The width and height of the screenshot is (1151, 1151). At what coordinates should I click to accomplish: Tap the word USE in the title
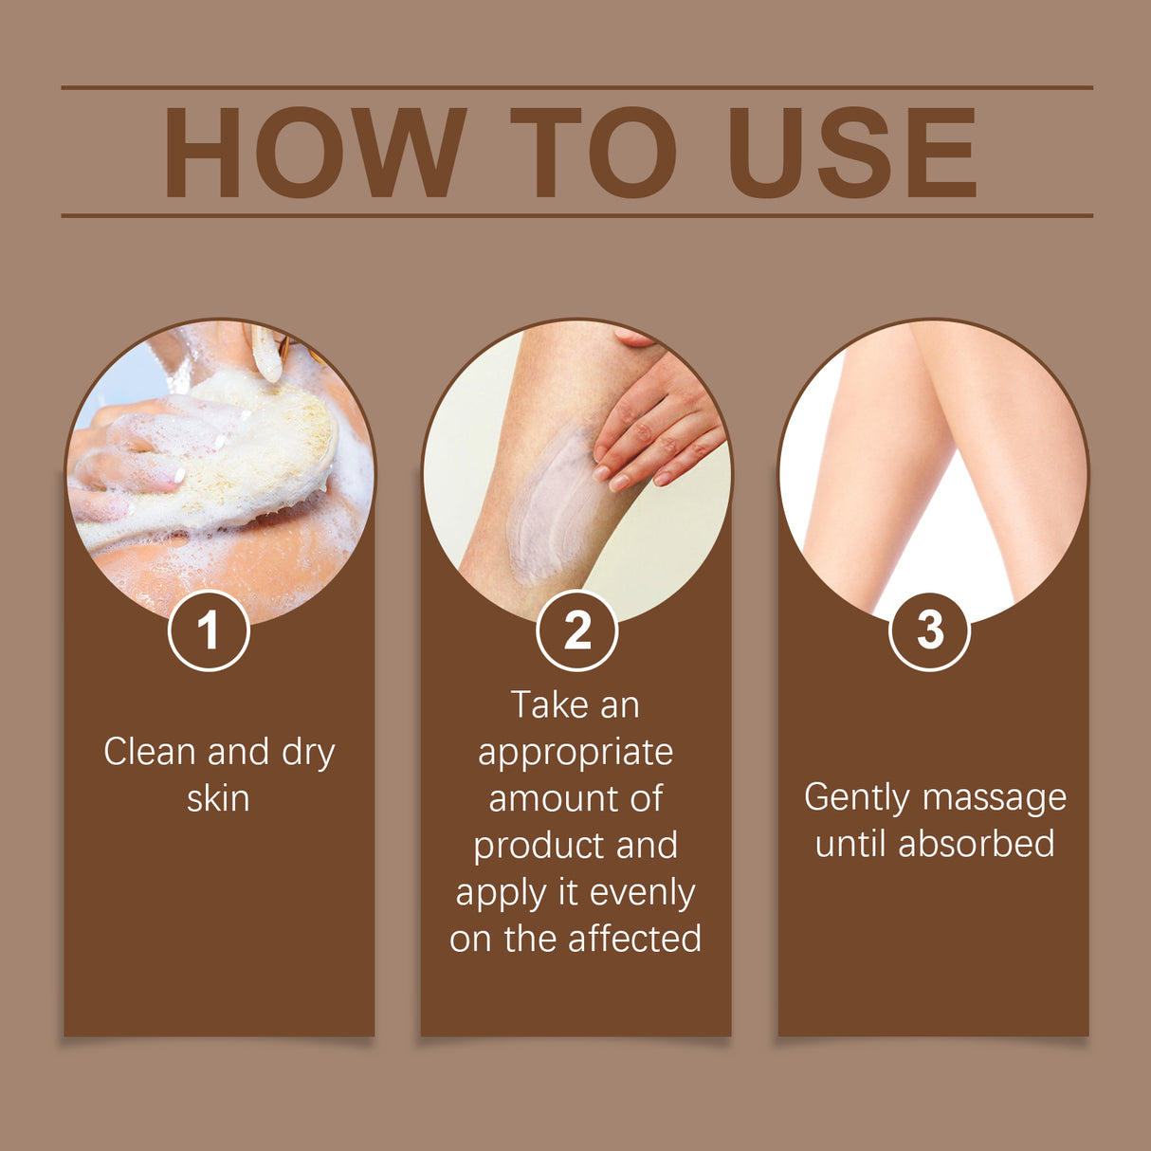point(851,154)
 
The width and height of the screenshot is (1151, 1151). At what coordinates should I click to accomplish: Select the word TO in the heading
point(594,154)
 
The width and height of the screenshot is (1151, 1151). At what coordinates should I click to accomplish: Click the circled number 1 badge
point(209,630)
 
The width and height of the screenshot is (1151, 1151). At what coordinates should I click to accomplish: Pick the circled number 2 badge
point(576,630)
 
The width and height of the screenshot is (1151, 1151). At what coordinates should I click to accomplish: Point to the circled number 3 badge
point(929,630)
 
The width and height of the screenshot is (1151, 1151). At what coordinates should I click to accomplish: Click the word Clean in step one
point(150,752)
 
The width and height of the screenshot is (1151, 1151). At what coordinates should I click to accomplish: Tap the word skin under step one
point(218,798)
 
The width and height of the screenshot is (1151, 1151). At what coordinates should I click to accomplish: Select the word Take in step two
point(549,705)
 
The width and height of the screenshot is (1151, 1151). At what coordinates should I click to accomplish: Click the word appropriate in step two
point(575,753)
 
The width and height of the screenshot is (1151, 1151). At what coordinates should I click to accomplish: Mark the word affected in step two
point(634,939)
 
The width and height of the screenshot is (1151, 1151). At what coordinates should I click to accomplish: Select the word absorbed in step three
point(976,844)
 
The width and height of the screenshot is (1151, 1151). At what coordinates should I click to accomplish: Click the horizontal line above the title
point(576,87)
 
